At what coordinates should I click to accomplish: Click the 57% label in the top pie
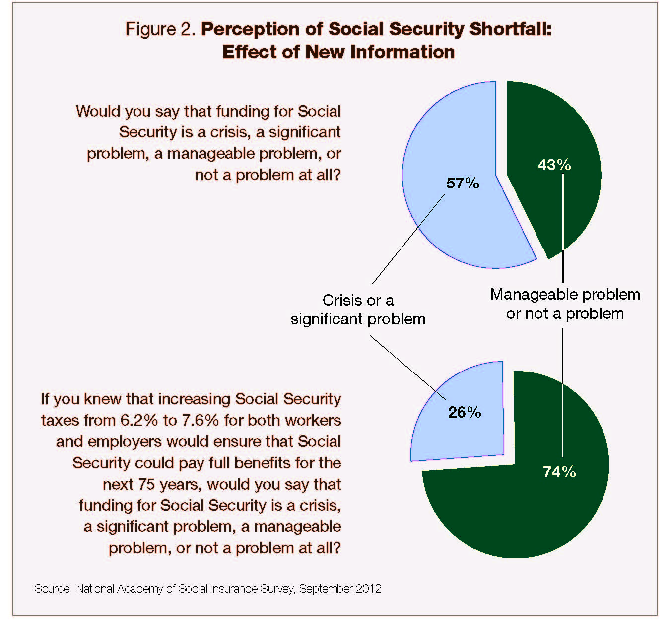(463, 184)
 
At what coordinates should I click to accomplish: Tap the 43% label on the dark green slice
(554, 165)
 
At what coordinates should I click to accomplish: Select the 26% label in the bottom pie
(465, 412)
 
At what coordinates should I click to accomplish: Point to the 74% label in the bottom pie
(559, 472)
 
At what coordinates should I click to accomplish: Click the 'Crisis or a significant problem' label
(358, 310)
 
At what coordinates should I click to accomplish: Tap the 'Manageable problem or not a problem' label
(565, 304)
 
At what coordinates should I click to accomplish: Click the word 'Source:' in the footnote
(53, 589)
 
